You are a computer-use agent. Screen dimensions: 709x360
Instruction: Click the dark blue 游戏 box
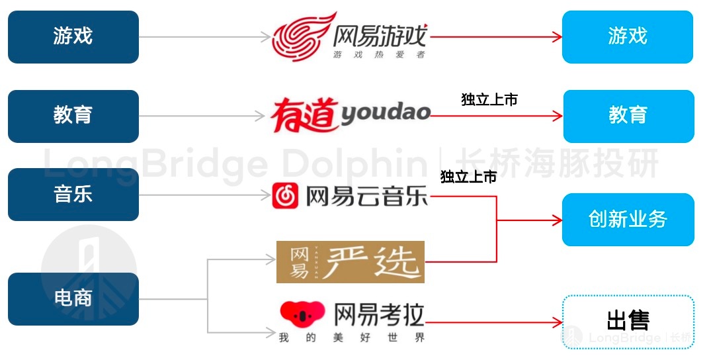click(x=73, y=37)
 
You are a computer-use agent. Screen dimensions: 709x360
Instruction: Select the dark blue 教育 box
click(x=73, y=116)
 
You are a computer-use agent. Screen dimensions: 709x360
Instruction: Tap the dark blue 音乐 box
click(x=73, y=195)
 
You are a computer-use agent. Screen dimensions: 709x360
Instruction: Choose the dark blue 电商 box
click(x=73, y=299)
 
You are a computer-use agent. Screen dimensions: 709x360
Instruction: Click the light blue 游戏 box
click(x=628, y=37)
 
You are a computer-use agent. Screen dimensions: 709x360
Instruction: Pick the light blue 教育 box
click(x=628, y=116)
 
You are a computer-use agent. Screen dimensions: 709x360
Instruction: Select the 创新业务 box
click(x=628, y=220)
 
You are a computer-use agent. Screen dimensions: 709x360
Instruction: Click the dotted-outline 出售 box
click(x=628, y=322)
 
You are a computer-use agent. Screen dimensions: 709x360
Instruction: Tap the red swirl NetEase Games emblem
click(x=304, y=37)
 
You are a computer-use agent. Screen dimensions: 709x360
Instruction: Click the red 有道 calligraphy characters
click(x=305, y=115)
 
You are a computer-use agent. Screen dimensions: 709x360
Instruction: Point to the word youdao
click(x=385, y=113)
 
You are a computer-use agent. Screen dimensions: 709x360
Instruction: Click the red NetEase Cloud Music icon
click(x=285, y=196)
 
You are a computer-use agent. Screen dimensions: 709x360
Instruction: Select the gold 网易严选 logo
click(x=351, y=262)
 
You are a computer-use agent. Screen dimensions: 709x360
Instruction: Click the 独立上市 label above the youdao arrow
click(x=489, y=99)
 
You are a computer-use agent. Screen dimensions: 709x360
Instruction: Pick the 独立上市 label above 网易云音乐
click(x=469, y=177)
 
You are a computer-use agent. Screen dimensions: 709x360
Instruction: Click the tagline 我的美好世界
click(x=352, y=337)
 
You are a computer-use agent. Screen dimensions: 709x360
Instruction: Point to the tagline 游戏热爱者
click(x=379, y=55)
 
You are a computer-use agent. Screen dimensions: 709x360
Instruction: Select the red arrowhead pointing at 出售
click(x=557, y=322)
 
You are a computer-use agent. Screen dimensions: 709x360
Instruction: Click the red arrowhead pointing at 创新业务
click(x=557, y=221)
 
